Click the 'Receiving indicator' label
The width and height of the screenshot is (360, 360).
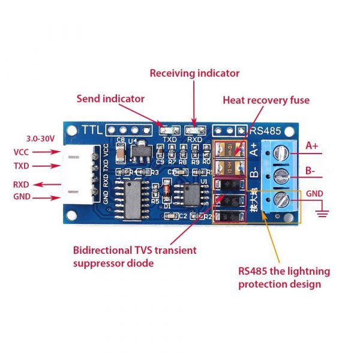194,73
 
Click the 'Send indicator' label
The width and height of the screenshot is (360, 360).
110,98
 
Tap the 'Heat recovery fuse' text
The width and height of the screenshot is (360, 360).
266,100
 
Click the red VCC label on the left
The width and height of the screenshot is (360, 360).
23,152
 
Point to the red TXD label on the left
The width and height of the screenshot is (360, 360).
23,166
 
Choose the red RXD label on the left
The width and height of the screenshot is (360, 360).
23,184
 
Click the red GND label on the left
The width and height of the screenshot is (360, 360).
23,197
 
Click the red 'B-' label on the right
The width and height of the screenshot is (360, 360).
311,170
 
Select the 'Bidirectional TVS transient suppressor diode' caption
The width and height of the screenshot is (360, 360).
134,256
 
